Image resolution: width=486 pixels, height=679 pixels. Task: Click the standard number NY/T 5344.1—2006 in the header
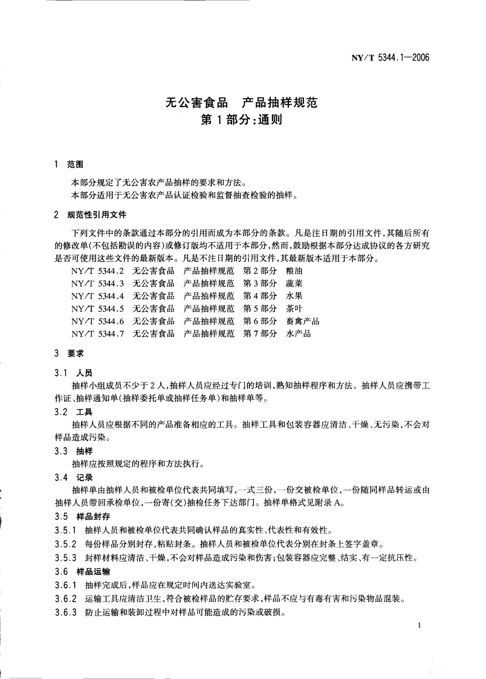pyautogui.click(x=389, y=58)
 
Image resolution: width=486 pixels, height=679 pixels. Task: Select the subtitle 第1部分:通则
pyautogui.click(x=242, y=119)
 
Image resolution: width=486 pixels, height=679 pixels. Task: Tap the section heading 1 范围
pyautogui.click(x=70, y=165)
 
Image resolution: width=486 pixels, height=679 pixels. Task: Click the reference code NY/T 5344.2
pyautogui.click(x=97, y=271)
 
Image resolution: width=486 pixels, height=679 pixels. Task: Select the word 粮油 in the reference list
pyautogui.click(x=294, y=271)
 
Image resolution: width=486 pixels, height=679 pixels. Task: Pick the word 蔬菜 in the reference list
pyautogui.click(x=294, y=283)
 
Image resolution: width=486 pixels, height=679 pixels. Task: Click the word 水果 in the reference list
pyautogui.click(x=294, y=296)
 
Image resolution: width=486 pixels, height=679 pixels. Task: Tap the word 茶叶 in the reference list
pyautogui.click(x=294, y=308)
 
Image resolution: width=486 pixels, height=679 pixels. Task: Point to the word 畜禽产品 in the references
pyautogui.click(x=303, y=321)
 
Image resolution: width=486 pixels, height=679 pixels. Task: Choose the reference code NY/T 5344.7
pyautogui.click(x=97, y=333)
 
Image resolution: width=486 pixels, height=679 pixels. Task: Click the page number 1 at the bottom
pyautogui.click(x=418, y=626)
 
